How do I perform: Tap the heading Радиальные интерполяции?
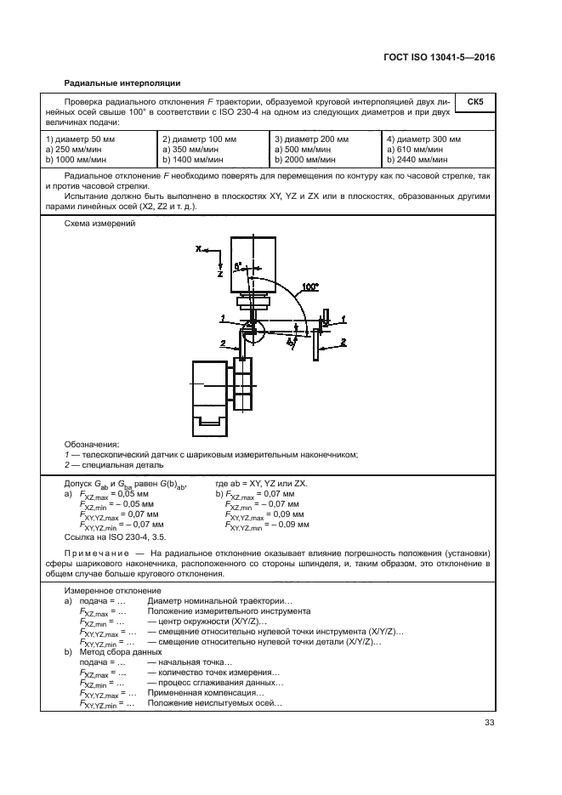coord(122,82)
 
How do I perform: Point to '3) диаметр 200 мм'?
coord(311,139)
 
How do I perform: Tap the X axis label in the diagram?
coord(198,249)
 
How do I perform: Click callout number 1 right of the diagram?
coord(343,318)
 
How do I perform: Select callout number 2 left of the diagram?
coord(223,342)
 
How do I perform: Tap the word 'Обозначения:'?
coord(92,444)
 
